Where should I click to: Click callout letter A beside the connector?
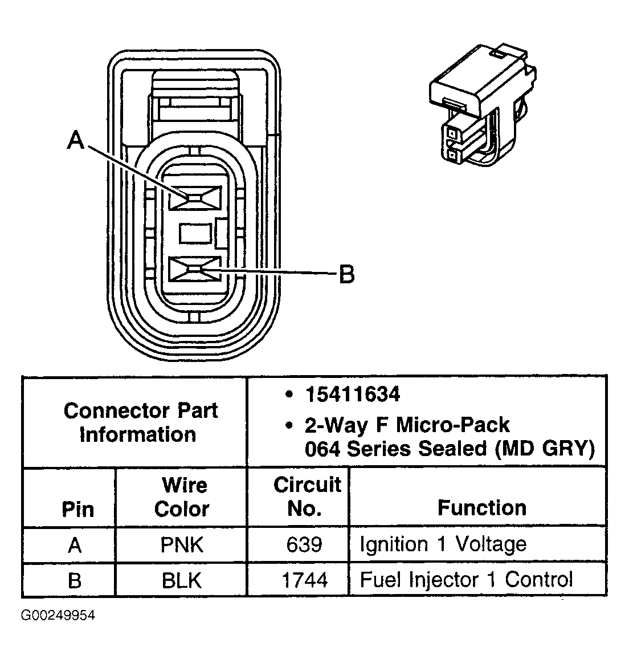tap(76, 140)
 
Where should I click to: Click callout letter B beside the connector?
tap(346, 275)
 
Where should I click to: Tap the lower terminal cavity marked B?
tap(195, 269)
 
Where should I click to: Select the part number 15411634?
tap(352, 394)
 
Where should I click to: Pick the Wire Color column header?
tap(182, 497)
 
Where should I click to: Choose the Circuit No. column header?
tap(306, 496)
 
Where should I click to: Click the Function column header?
tap(481, 507)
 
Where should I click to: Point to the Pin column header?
tap(77, 509)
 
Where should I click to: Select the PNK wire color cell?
tap(182, 544)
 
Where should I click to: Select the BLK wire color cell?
tap(182, 580)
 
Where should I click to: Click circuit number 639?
tap(304, 544)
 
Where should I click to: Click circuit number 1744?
tap(304, 580)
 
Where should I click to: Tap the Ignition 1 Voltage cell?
tap(443, 544)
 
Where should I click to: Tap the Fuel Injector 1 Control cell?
tap(466, 580)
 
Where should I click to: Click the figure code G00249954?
tap(58, 616)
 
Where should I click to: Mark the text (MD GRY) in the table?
tap(545, 449)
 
